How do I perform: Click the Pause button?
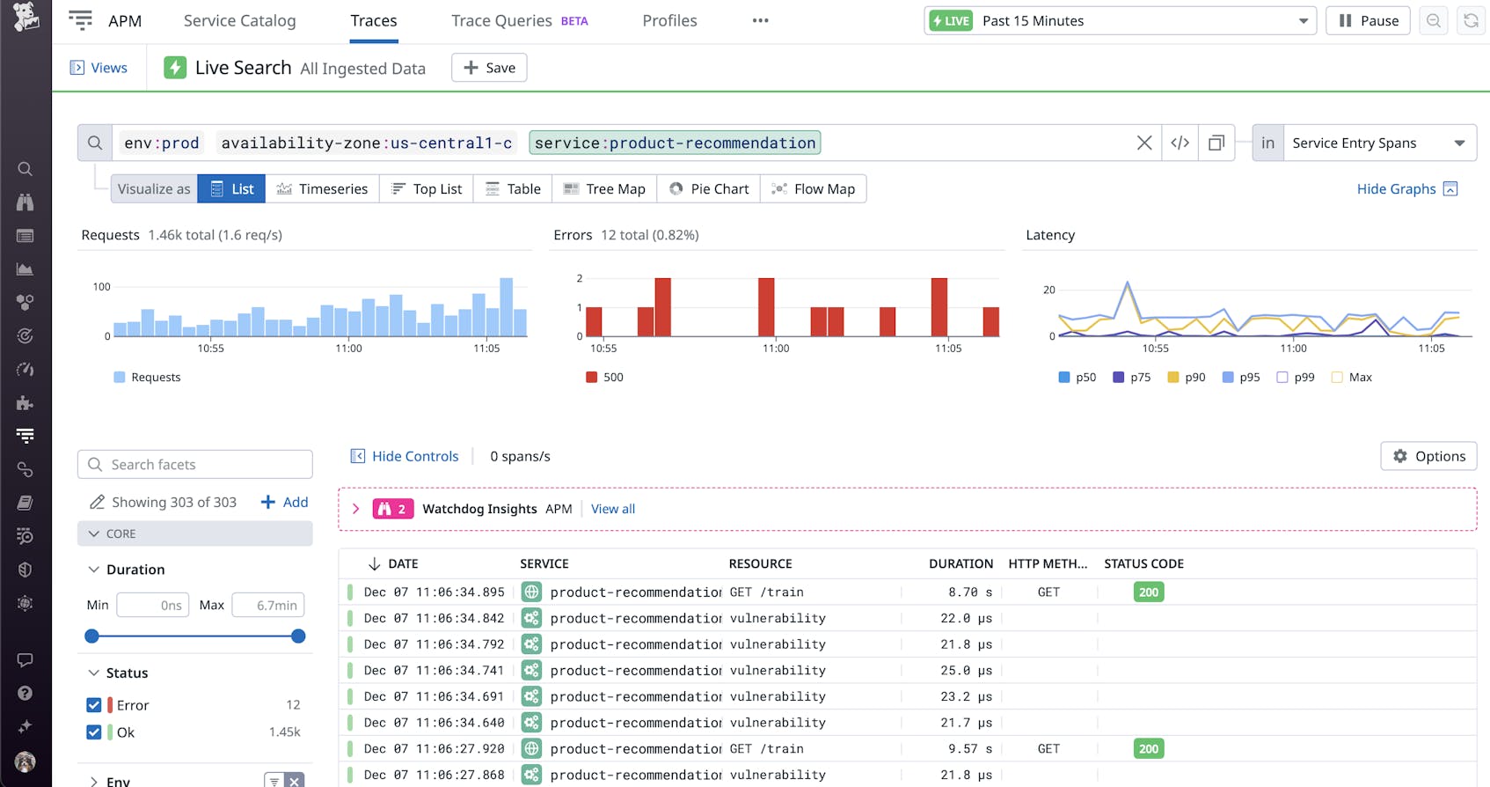[1368, 20]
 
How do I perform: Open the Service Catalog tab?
[239, 20]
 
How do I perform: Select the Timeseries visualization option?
[322, 188]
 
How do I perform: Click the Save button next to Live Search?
[489, 68]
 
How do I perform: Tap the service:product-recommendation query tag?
[675, 143]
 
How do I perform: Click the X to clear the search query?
[1143, 143]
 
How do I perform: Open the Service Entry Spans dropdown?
[1377, 143]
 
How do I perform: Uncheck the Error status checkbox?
[94, 705]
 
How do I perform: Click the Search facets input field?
[195, 464]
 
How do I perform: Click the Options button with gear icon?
[1428, 456]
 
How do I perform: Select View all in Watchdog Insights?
[612, 509]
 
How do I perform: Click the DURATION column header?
[960, 563]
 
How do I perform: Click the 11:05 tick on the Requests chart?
[486, 348]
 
